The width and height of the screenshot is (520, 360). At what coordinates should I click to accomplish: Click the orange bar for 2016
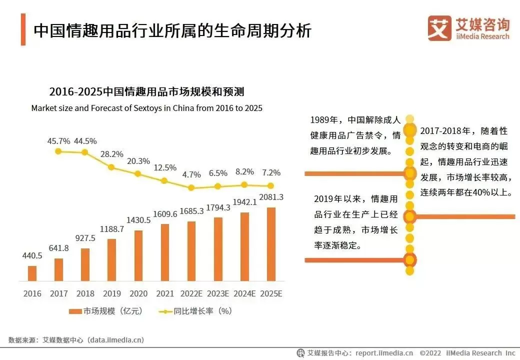click(32, 273)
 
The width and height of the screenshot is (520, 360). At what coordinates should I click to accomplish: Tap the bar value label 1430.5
click(138, 220)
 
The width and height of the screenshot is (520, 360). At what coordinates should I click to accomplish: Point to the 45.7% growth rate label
click(58, 141)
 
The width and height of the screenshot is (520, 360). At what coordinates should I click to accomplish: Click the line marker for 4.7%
click(191, 188)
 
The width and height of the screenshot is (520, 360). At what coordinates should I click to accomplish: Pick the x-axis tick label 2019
click(112, 294)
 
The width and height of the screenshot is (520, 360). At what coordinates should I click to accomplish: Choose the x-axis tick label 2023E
click(218, 294)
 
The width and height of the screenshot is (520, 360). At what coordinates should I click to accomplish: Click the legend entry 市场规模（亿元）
click(106, 311)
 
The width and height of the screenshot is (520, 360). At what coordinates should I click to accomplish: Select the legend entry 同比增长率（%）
click(196, 311)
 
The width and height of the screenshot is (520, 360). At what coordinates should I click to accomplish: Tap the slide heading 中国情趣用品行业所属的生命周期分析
click(172, 30)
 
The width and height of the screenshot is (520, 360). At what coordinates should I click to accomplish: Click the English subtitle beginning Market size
click(146, 108)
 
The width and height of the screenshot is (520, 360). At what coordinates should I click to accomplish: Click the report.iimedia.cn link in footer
click(384, 353)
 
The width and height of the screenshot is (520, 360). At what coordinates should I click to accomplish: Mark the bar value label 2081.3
click(271, 197)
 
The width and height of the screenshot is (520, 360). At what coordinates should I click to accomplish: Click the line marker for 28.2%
click(111, 167)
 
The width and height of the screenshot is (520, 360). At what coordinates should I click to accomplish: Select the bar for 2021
click(165, 252)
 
